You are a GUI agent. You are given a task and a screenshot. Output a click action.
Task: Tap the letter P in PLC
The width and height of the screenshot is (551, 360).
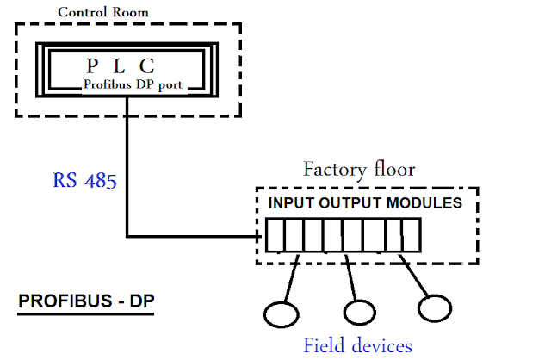pos(93,66)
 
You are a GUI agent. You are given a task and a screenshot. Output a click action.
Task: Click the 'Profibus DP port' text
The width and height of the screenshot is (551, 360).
pos(134,84)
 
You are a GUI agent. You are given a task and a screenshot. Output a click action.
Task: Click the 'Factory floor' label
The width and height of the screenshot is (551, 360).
pos(358,169)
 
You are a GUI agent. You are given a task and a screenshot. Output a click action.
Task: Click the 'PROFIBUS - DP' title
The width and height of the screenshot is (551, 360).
pos(77,303)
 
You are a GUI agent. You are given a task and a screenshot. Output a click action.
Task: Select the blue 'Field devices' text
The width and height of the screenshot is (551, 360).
pos(357,346)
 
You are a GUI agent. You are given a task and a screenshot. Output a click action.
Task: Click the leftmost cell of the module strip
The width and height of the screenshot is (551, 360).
pos(274,235)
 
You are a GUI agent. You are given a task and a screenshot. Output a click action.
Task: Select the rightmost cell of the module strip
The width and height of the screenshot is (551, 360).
pos(411,235)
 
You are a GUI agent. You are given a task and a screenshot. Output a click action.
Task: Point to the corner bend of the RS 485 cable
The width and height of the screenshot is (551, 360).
pos(127,235)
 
